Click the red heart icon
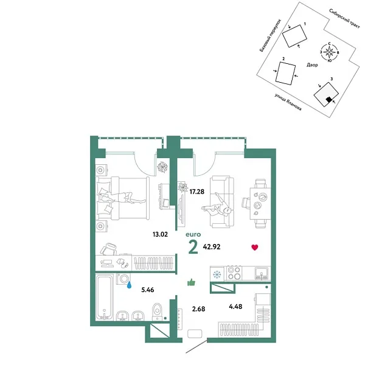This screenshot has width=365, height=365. pyautogui.click(x=255, y=247)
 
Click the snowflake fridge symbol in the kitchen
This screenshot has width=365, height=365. pyautogui.click(x=215, y=274)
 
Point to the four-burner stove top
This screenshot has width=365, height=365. pyautogui.click(x=235, y=274)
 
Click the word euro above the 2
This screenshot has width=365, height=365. pyautogui.click(x=193, y=232)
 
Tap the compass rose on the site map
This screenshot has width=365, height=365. pyautogui.click(x=329, y=53)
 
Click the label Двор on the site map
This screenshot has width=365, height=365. pyautogui.click(x=312, y=64)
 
